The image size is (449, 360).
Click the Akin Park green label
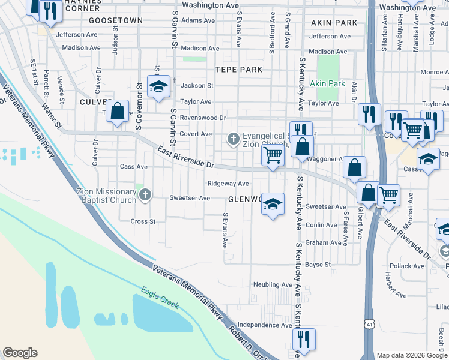pos(327,83)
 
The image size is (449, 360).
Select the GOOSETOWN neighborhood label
pos(116,20)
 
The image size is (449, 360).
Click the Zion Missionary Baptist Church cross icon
pos(144,194)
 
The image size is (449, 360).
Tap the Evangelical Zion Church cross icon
pos(234,139)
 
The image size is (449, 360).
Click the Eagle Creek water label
pos(160,298)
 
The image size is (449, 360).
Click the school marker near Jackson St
pos(158,88)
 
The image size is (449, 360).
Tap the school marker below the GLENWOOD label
pos(272,205)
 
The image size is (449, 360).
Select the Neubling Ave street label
pos(273,284)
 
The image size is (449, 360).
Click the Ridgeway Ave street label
pos(228,184)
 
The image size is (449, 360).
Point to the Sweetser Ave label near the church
pos(190,198)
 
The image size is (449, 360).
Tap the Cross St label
pos(143,221)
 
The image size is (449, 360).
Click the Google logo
pos(20,353)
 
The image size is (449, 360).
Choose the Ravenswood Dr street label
pos(203,118)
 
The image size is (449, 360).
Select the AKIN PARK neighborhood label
pos(334,23)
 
